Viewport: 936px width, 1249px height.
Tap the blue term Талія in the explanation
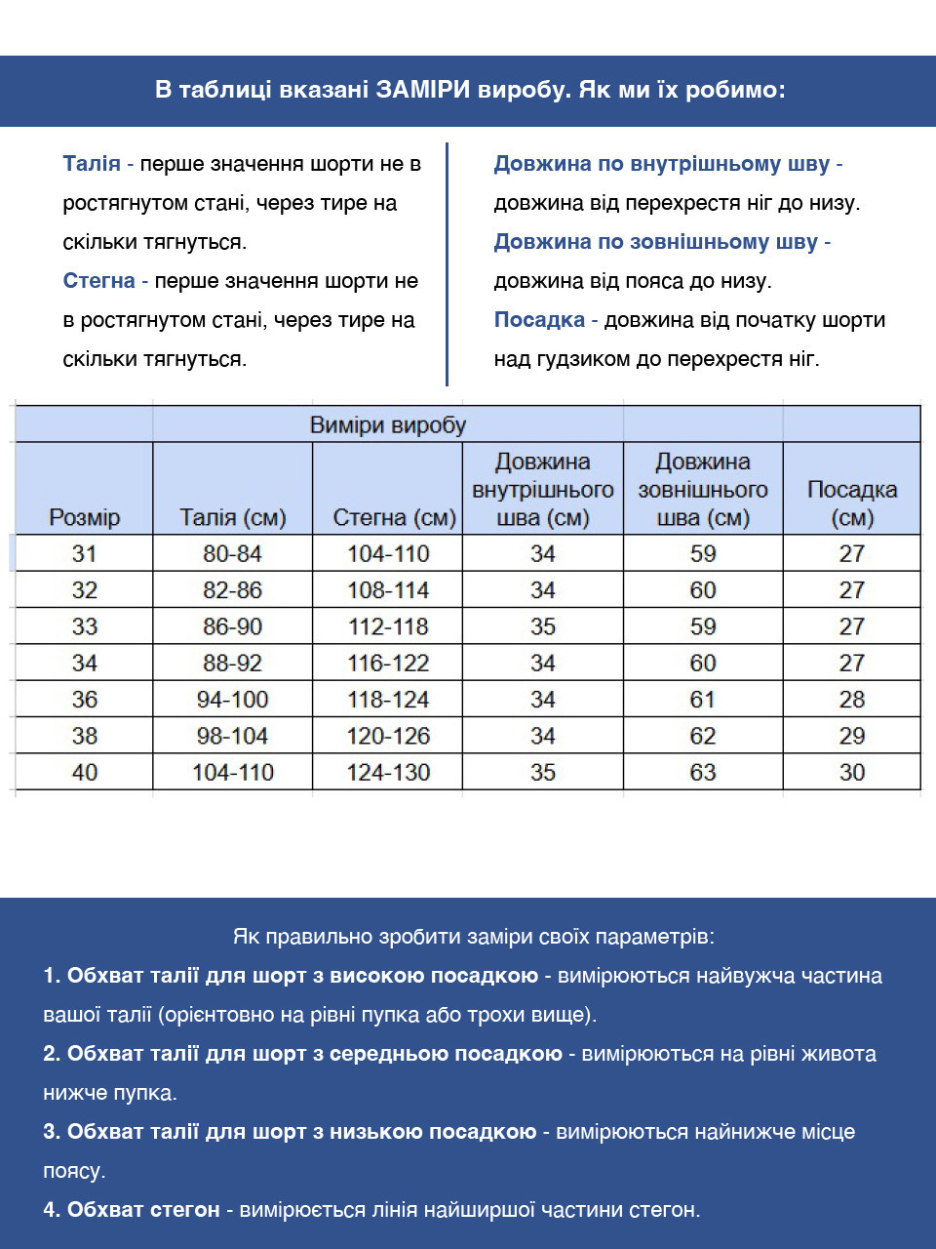pos(91,164)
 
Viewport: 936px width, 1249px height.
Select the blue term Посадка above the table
pos(538,320)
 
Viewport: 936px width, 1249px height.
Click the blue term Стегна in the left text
pos(98,281)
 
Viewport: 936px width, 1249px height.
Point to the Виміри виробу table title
pos(387,425)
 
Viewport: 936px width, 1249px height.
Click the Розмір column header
pos(84,517)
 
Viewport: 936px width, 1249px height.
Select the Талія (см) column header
pos(232,517)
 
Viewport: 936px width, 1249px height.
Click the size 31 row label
pos(84,553)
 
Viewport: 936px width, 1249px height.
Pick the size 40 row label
pos(84,772)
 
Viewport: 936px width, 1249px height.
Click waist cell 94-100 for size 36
pos(232,700)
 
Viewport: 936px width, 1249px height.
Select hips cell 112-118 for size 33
pos(388,626)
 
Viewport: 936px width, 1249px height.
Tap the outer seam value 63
pos(702,772)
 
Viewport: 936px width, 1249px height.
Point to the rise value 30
pos(851,772)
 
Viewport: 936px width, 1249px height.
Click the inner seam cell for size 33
pos(542,626)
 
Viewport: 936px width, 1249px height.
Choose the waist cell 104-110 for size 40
pos(232,772)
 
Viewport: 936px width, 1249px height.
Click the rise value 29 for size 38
pos(851,736)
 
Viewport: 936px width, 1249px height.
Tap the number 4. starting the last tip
pos(52,1210)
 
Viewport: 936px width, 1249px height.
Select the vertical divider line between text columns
pos(447,263)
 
